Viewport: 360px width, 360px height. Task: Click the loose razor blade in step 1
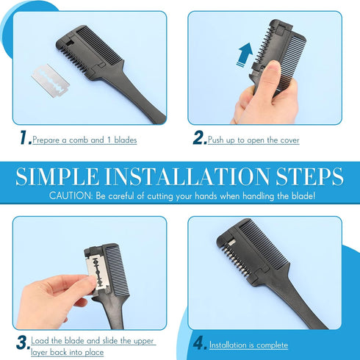click(x=51, y=81)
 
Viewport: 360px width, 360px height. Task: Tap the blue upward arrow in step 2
click(x=245, y=54)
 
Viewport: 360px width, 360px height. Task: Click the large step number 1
click(x=25, y=137)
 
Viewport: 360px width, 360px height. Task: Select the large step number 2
click(x=200, y=137)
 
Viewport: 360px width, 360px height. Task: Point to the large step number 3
click(x=23, y=343)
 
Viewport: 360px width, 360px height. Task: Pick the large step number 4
click(x=200, y=343)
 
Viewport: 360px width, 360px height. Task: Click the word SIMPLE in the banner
click(x=57, y=176)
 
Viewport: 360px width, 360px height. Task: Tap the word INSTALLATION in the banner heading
click(x=187, y=176)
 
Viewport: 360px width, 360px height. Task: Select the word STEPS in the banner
click(x=310, y=176)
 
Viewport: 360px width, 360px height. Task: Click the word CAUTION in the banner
click(x=71, y=196)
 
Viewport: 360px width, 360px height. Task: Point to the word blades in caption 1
click(x=126, y=140)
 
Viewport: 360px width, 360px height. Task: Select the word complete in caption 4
click(x=273, y=345)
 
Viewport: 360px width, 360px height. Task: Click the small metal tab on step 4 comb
click(x=231, y=242)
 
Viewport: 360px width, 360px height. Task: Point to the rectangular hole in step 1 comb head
click(x=70, y=43)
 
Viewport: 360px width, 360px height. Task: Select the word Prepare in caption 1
click(x=46, y=140)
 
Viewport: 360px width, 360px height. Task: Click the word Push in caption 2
click(x=216, y=140)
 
